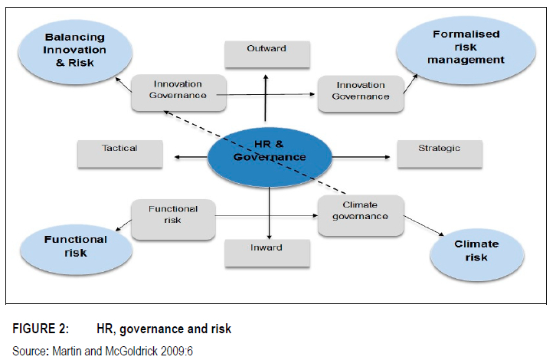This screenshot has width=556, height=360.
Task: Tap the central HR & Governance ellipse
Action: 270,152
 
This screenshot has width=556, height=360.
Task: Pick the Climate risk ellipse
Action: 476,251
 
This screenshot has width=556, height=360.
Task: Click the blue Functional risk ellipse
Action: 75,246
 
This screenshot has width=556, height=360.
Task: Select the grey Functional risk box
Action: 172,215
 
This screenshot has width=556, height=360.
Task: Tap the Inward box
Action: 266,248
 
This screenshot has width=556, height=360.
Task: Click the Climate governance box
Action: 360,211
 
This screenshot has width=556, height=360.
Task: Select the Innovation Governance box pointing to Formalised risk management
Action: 360,92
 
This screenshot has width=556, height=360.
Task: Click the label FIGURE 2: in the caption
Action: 41,329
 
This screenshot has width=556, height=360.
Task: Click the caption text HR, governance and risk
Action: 163,329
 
